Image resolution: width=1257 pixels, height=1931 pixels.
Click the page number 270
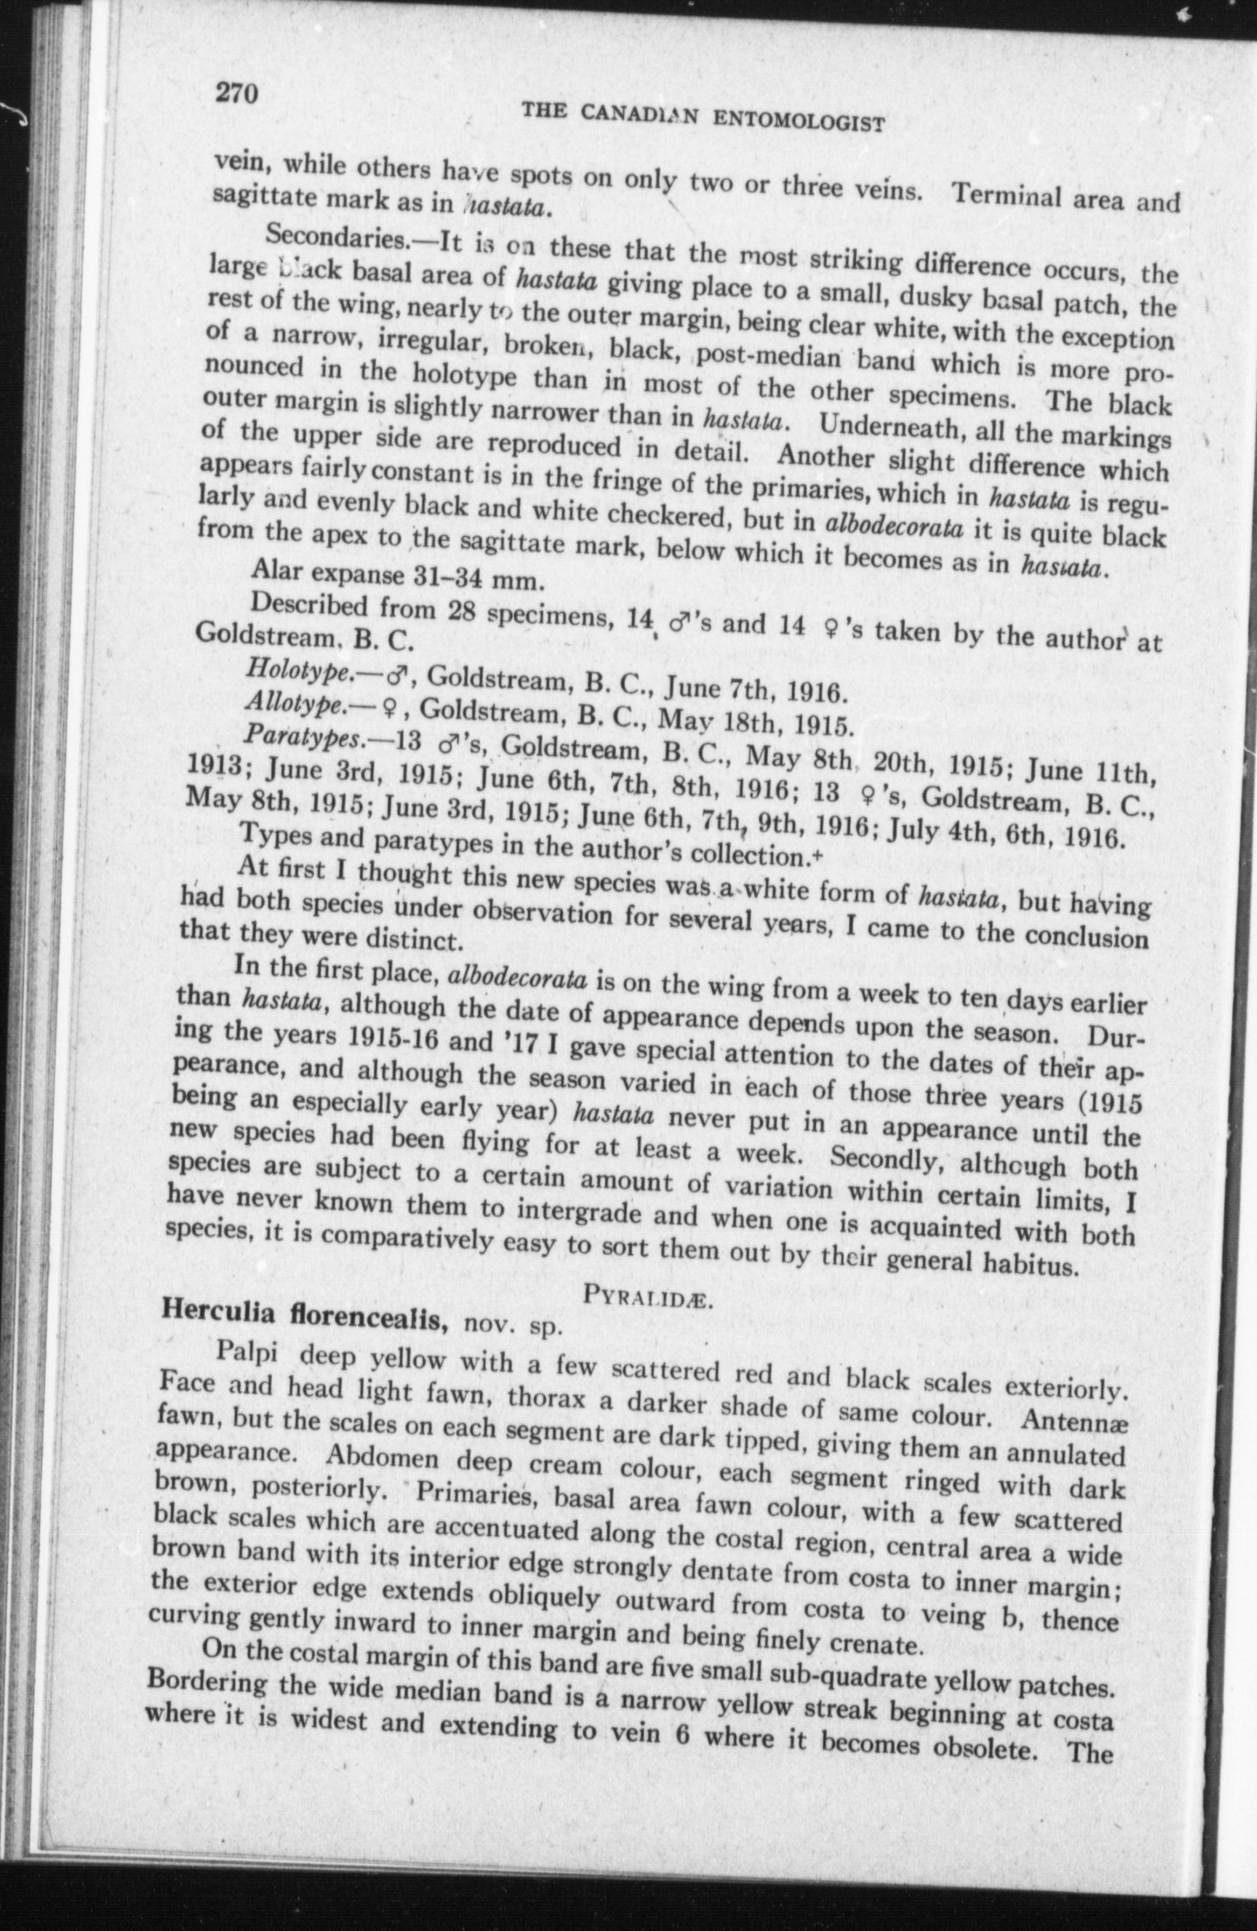click(x=239, y=91)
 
